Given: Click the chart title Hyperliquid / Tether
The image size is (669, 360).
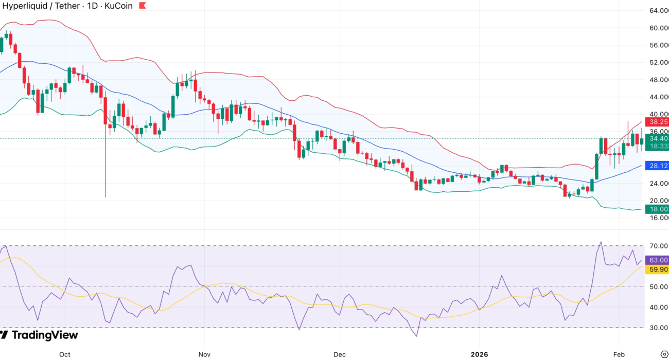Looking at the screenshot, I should [x=41, y=6].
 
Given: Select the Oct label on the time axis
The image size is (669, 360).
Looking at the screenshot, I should [x=64, y=354].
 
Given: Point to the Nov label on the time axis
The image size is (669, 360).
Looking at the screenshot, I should [x=204, y=354].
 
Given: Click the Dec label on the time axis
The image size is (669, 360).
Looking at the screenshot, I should [x=339, y=354].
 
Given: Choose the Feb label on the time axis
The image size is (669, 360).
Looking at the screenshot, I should [x=619, y=354].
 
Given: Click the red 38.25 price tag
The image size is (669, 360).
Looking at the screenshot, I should [x=658, y=122].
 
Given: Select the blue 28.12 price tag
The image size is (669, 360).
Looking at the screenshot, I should [x=658, y=166].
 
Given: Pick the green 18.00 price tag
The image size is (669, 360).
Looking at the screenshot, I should [x=658, y=209].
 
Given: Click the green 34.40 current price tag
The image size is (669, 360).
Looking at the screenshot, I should [x=658, y=138].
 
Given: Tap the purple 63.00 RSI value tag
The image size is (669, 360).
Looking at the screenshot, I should [x=658, y=260].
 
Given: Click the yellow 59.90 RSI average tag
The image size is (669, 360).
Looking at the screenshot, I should [x=658, y=269].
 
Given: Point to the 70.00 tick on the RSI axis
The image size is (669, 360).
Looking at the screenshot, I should [x=658, y=246].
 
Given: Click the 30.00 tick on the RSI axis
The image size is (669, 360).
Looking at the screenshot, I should [x=658, y=328].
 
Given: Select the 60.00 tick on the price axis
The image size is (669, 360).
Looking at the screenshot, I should [x=658, y=28].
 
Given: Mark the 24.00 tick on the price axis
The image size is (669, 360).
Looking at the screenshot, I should [x=658, y=183].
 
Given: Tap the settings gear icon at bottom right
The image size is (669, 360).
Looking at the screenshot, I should [x=664, y=354].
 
